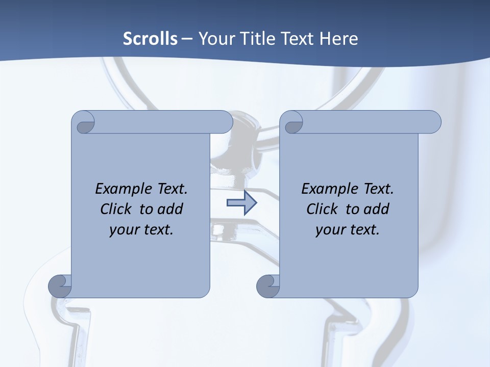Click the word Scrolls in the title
150,39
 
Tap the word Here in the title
339,39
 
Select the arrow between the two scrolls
241,203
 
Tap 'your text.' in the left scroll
141,230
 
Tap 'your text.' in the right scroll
348,230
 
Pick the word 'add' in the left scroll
171,209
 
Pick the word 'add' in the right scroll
377,209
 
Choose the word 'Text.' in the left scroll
170,189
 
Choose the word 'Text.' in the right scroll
377,189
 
